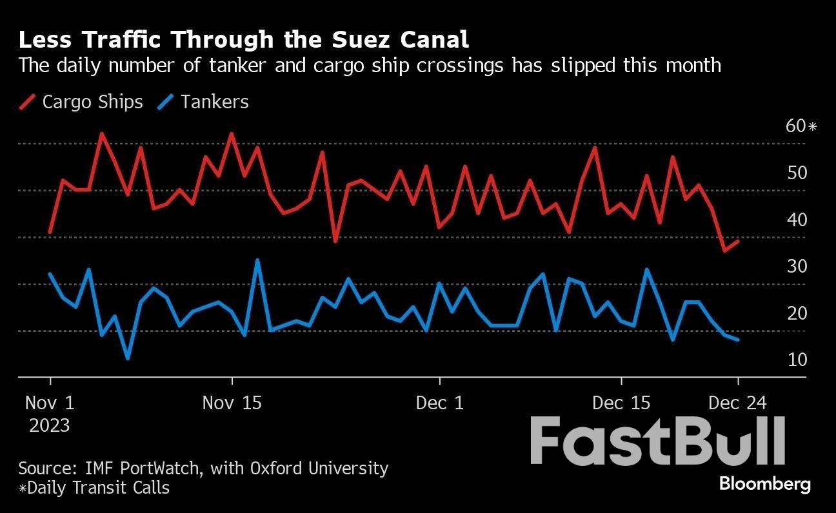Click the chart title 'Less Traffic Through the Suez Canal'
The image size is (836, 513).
pos(243,40)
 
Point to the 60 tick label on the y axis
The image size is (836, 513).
pos(797,126)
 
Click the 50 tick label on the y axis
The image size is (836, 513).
pos(797,173)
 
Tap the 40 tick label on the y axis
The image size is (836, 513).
pos(797,220)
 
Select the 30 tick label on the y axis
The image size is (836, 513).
pos(797,266)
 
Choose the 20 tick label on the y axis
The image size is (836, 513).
pos(797,313)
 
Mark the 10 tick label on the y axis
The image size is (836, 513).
pos(797,360)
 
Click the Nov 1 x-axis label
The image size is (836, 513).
pos(50,403)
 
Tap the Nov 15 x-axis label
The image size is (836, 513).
pos(232,403)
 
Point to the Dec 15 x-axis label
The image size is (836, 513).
pos(622,403)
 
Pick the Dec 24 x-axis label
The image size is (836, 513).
pos(738,403)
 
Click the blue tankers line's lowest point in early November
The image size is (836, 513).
pos(128,358)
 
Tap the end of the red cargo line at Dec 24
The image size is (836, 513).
pos(737,240)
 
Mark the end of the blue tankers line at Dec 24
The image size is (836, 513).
pos(737,340)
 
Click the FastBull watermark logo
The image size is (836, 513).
pos(658,441)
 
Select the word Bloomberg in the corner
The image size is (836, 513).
pos(764,483)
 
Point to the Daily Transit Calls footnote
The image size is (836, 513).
pos(94,488)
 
